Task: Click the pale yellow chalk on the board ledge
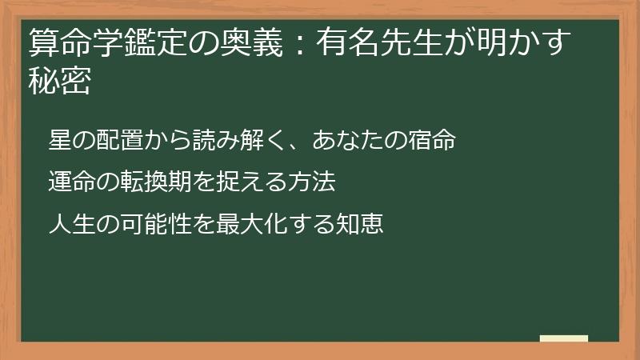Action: [563, 339]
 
